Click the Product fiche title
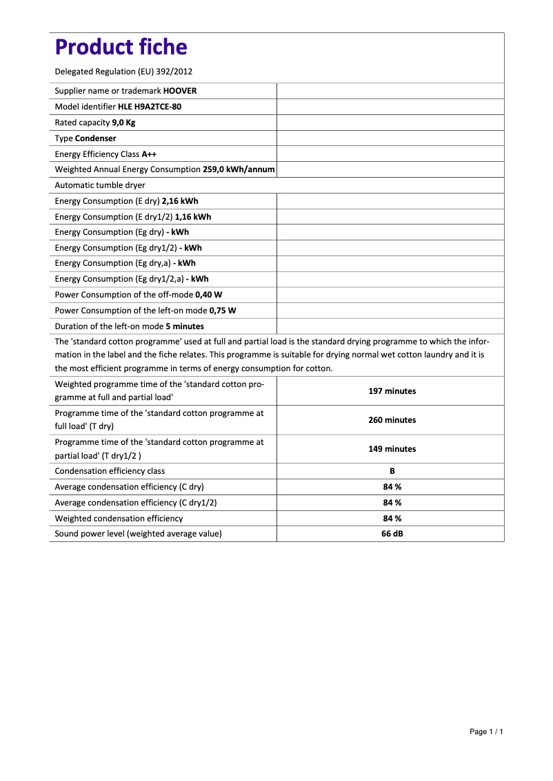tap(121, 47)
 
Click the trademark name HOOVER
tap(180, 91)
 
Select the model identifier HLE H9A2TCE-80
tap(150, 107)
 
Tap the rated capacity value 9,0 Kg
tap(123, 123)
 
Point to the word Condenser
tap(95, 138)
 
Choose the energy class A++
tap(149, 154)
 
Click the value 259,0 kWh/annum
tap(239, 169)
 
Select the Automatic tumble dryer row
tap(100, 185)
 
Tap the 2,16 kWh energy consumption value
tap(180, 201)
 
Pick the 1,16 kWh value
tap(193, 217)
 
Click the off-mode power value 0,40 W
tap(208, 295)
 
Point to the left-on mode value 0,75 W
tap(217, 311)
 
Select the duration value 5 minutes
tap(185, 326)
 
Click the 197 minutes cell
tap(392, 391)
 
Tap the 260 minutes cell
tap(392, 420)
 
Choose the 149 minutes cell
tap(392, 449)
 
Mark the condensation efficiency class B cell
tap(392, 471)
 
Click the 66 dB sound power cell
tap(392, 534)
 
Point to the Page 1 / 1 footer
tap(486, 731)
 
